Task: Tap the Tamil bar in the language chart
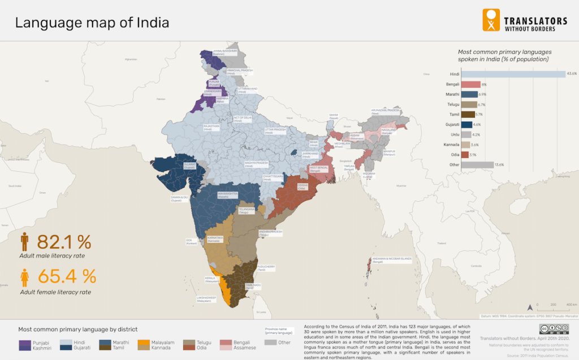(x=468, y=115)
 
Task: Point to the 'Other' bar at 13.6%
(x=477, y=165)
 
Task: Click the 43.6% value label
(x=572, y=74)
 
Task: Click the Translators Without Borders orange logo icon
(x=491, y=20)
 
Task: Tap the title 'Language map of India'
(x=92, y=23)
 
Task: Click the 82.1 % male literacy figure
(x=63, y=242)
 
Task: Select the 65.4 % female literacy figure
(x=66, y=276)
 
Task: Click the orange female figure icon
(x=24, y=277)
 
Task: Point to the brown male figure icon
(x=24, y=242)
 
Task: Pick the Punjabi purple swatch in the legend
(x=25, y=342)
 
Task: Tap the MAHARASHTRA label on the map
(x=226, y=194)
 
